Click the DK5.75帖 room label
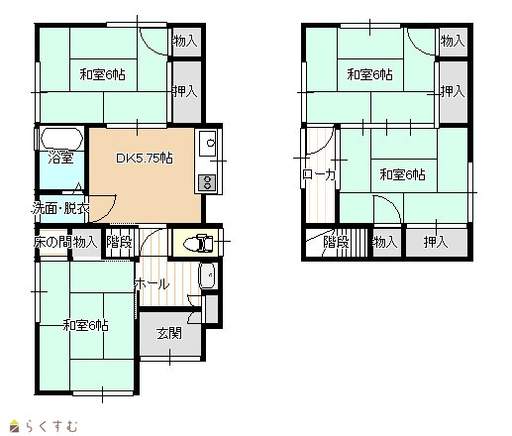point(145,159)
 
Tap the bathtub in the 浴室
point(61,139)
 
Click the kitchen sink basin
point(208,143)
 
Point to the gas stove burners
point(208,182)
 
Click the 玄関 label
point(169,333)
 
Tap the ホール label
point(152,284)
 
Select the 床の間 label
point(52,242)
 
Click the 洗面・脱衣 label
point(60,208)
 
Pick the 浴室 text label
point(60,158)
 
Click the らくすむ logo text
point(52,425)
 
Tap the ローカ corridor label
point(319,174)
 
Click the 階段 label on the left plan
point(120,242)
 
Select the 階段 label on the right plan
point(336,242)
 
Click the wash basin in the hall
point(207,276)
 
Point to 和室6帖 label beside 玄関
point(85,325)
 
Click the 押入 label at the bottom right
point(436,242)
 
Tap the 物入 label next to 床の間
point(85,242)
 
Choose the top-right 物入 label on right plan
point(453,42)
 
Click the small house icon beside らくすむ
point(15,426)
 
